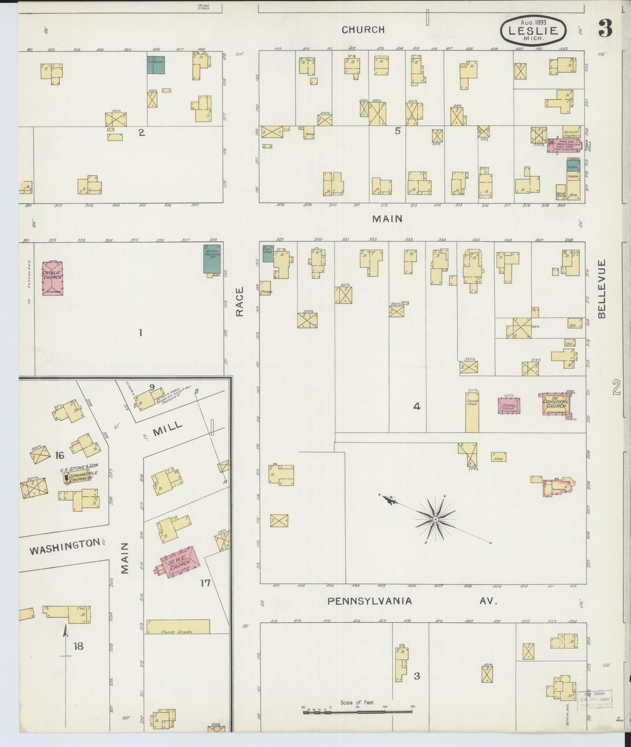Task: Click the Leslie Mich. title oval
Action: click(x=533, y=30)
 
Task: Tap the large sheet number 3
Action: click(x=605, y=28)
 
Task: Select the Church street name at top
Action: click(x=363, y=30)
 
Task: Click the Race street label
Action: click(x=240, y=302)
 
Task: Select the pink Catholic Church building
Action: click(x=53, y=278)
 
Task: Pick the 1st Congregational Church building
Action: click(x=556, y=404)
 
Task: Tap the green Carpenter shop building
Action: click(x=156, y=65)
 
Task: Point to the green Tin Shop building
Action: click(x=268, y=253)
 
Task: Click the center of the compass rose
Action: click(x=435, y=519)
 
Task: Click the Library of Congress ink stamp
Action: click(x=594, y=699)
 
